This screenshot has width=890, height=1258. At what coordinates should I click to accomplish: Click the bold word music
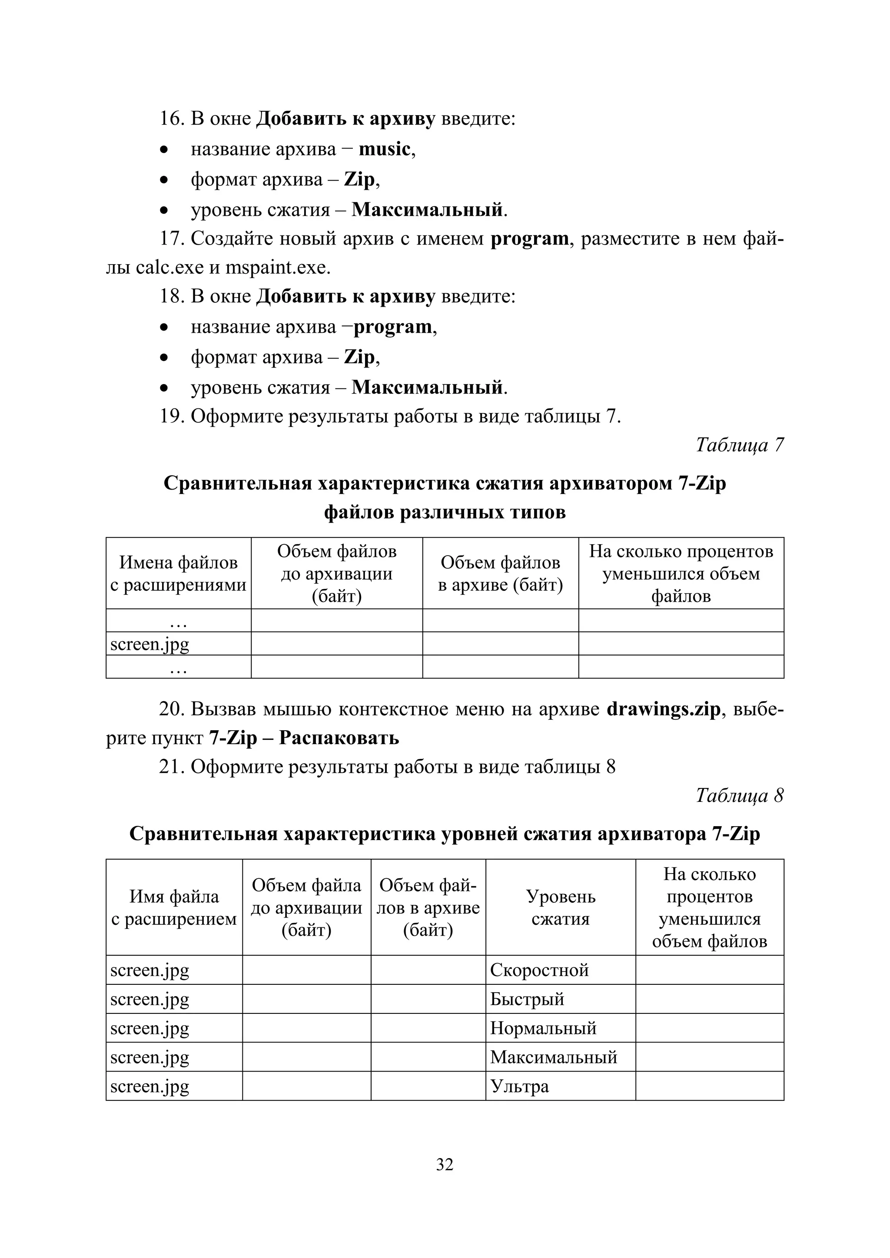coord(384,149)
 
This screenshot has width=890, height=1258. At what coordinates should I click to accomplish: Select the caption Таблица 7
coord(739,445)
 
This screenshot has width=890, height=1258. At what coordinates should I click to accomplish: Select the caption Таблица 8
coord(739,795)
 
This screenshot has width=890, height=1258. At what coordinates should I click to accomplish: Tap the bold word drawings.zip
coord(663,709)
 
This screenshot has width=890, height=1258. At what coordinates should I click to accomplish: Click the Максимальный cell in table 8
coord(554,1057)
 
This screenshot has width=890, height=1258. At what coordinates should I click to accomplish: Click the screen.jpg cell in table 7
coord(149,644)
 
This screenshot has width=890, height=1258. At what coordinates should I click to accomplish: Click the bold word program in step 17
coord(529,239)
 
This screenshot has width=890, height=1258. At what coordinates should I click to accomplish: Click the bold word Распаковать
coord(339,738)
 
